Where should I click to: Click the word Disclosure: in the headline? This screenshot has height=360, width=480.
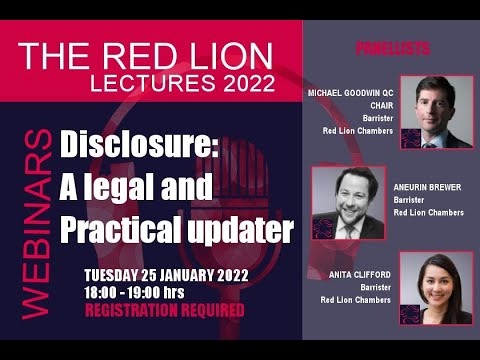[x=139, y=146]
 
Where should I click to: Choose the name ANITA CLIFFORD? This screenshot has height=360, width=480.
[x=359, y=273]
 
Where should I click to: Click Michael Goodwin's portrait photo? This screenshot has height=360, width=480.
[x=437, y=111]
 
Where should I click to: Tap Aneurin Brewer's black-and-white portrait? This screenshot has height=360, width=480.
[x=349, y=202]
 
